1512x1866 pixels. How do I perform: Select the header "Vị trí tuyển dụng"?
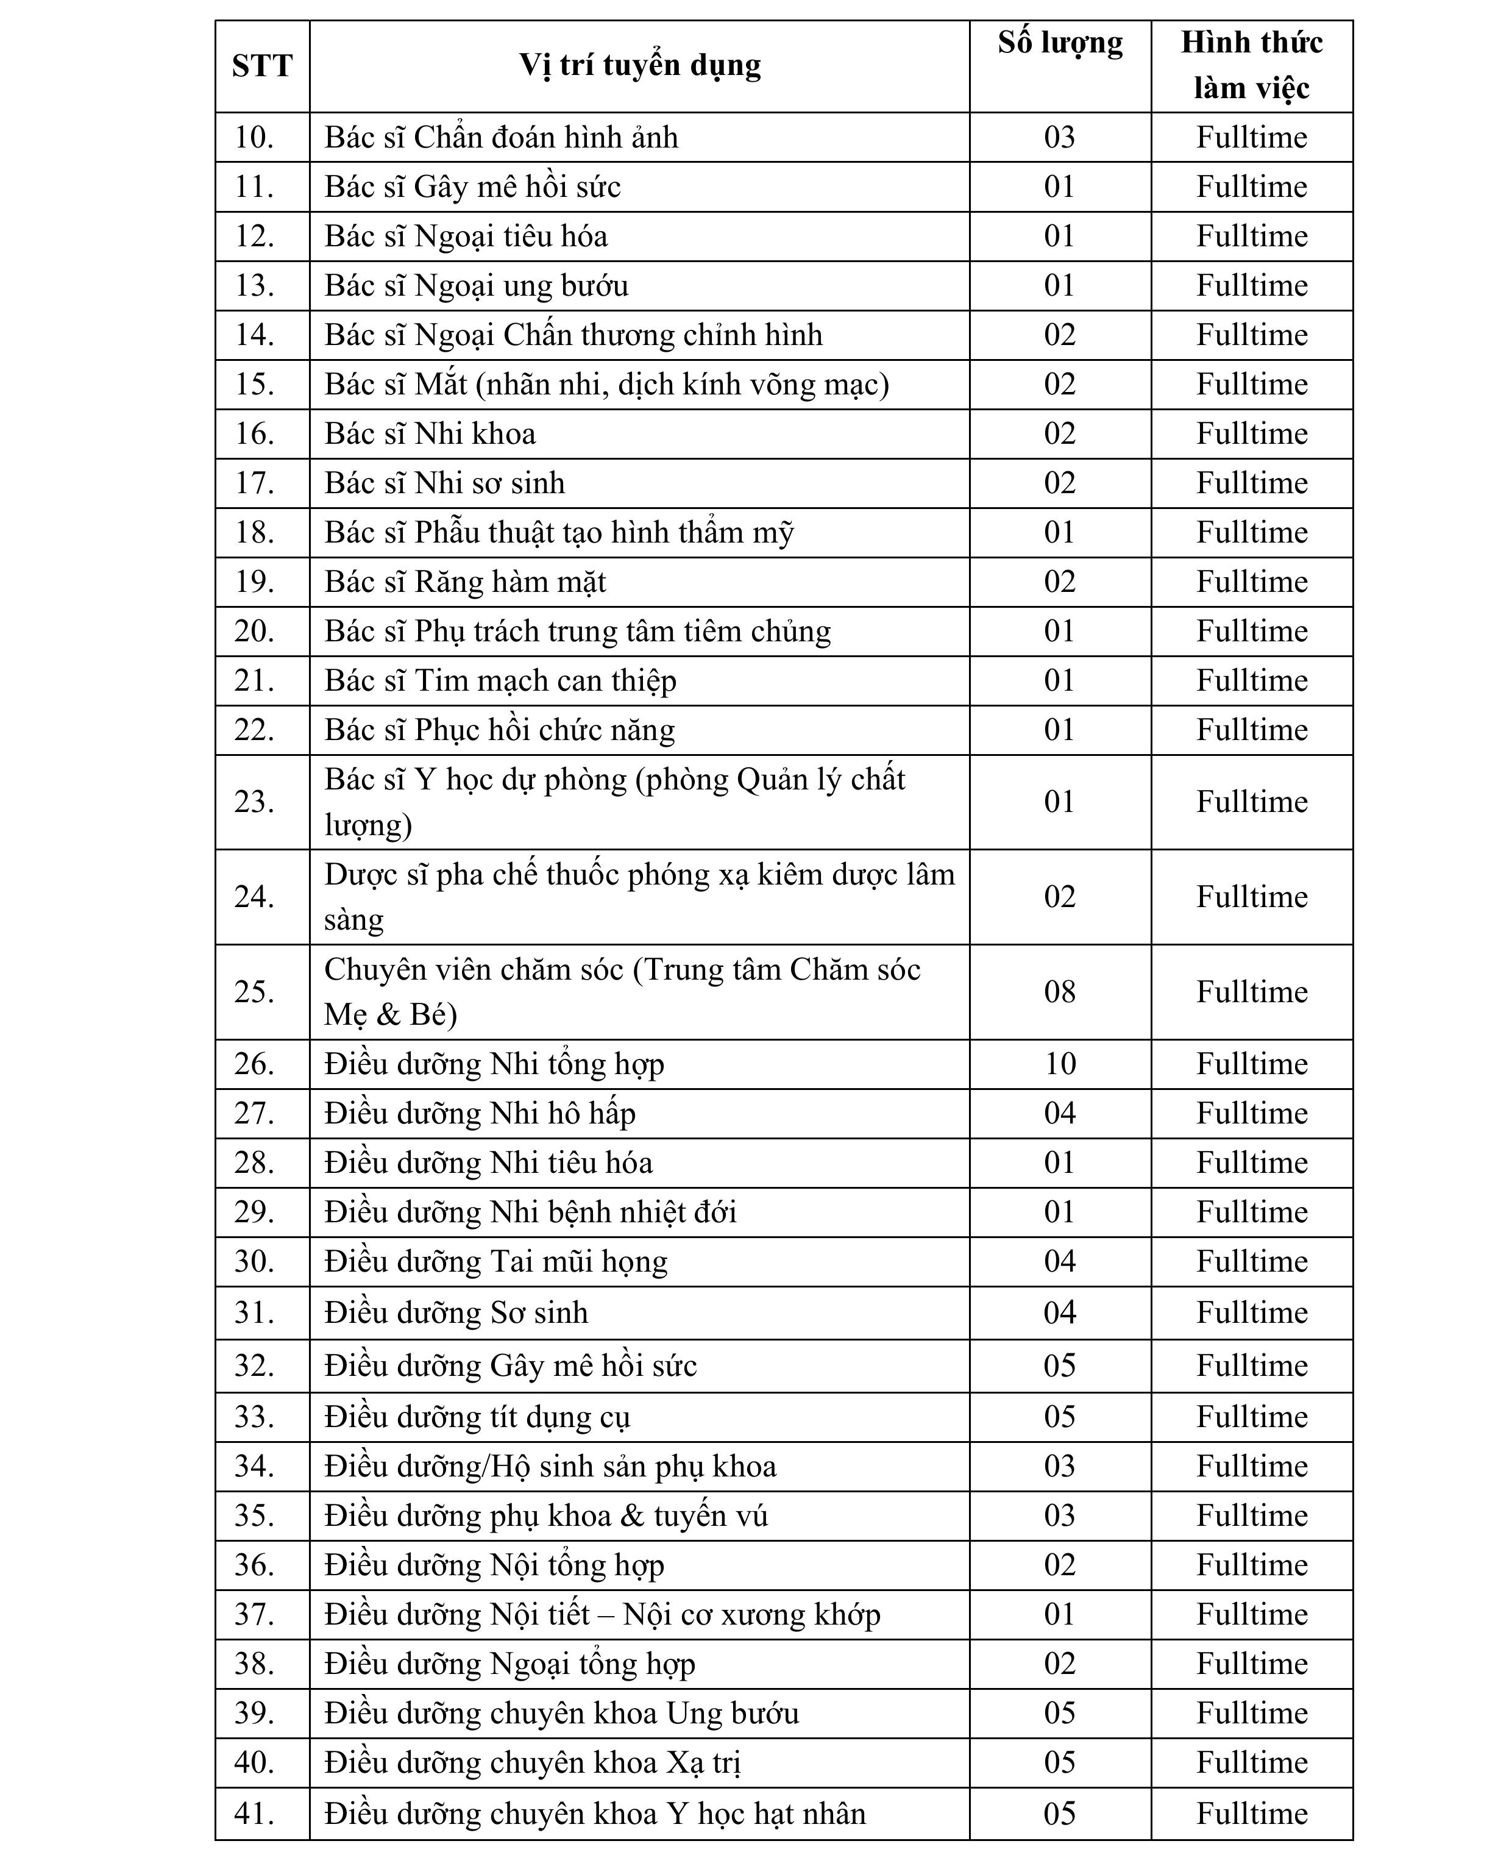[x=639, y=65]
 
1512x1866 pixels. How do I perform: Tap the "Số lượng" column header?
[x=1060, y=43]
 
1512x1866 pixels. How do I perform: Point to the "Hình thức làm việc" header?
[x=1252, y=65]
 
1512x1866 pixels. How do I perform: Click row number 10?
[x=254, y=138]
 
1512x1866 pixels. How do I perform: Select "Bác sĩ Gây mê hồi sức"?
[x=472, y=187]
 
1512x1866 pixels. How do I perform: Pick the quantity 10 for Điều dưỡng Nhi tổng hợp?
[x=1060, y=1064]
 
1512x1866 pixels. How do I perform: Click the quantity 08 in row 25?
[x=1060, y=991]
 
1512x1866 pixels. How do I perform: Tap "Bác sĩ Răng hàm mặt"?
[x=465, y=582]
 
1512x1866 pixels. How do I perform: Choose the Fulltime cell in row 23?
[x=1252, y=802]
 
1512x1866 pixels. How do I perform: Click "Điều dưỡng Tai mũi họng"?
[x=495, y=1261]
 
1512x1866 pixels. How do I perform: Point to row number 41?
[x=254, y=1813]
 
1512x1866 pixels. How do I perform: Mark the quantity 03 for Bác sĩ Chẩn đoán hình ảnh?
[x=1060, y=138]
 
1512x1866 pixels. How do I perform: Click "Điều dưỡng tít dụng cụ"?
[x=477, y=1417]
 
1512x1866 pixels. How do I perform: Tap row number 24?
[x=254, y=896]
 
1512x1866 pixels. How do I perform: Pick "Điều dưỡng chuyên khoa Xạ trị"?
[x=532, y=1762]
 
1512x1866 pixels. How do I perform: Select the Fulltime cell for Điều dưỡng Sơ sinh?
[x=1252, y=1313]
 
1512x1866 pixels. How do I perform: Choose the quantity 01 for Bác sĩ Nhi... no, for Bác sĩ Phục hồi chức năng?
[x=1060, y=730]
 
